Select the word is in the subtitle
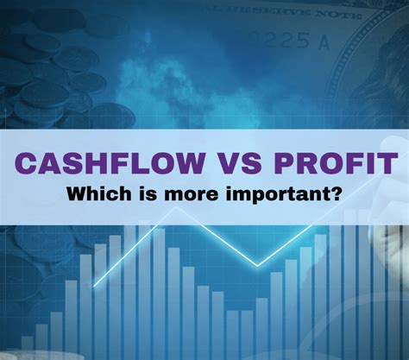pos(148,194)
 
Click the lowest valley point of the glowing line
pos(257,266)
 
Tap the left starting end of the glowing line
pos(94,287)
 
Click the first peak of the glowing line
pos(176,207)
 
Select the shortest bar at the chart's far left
pos(27,347)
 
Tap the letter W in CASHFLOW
pos(187,163)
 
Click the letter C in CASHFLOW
pos(25,163)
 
